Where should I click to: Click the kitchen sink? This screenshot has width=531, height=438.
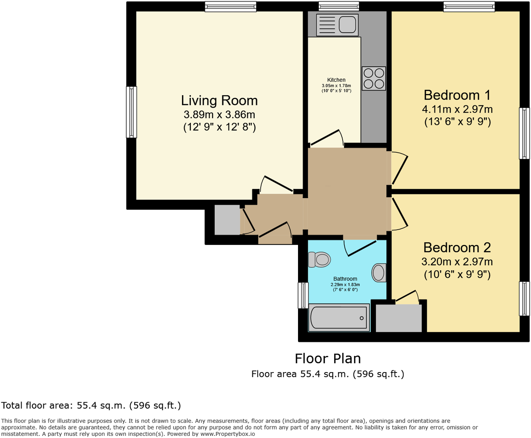pyautogui.click(x=337, y=25)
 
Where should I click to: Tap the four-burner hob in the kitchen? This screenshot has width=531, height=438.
pyautogui.click(x=374, y=79)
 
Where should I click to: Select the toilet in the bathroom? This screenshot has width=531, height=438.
pyautogui.click(x=320, y=259)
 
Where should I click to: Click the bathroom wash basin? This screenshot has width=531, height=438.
pyautogui.click(x=379, y=273)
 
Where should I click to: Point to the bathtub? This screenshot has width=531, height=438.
pyautogui.click(x=338, y=318)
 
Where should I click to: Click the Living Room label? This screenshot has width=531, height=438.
pyautogui.click(x=219, y=100)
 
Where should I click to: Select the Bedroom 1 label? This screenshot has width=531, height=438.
pyautogui.click(x=457, y=95)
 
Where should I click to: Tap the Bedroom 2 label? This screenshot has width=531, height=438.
pyautogui.click(x=457, y=247)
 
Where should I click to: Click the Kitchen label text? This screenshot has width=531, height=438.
pyautogui.click(x=336, y=80)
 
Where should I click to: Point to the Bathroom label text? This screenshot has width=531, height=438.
pyautogui.click(x=345, y=279)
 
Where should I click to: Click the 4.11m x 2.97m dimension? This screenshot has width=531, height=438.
pyautogui.click(x=457, y=109)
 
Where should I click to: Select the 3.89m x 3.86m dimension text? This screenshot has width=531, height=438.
pyautogui.click(x=219, y=114)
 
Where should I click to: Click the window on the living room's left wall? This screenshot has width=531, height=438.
pyautogui.click(x=131, y=112)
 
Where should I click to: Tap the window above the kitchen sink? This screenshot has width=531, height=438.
pyautogui.click(x=338, y=6)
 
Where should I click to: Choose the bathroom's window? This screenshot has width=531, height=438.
pyautogui.click(x=303, y=295)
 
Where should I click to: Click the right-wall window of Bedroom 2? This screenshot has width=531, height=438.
pyautogui.click(x=525, y=299)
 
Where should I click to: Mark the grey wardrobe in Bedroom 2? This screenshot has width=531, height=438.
pyautogui.click(x=399, y=318)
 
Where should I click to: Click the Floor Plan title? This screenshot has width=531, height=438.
pyautogui.click(x=328, y=358)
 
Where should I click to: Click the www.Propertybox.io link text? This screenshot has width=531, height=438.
pyautogui.click(x=227, y=434)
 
